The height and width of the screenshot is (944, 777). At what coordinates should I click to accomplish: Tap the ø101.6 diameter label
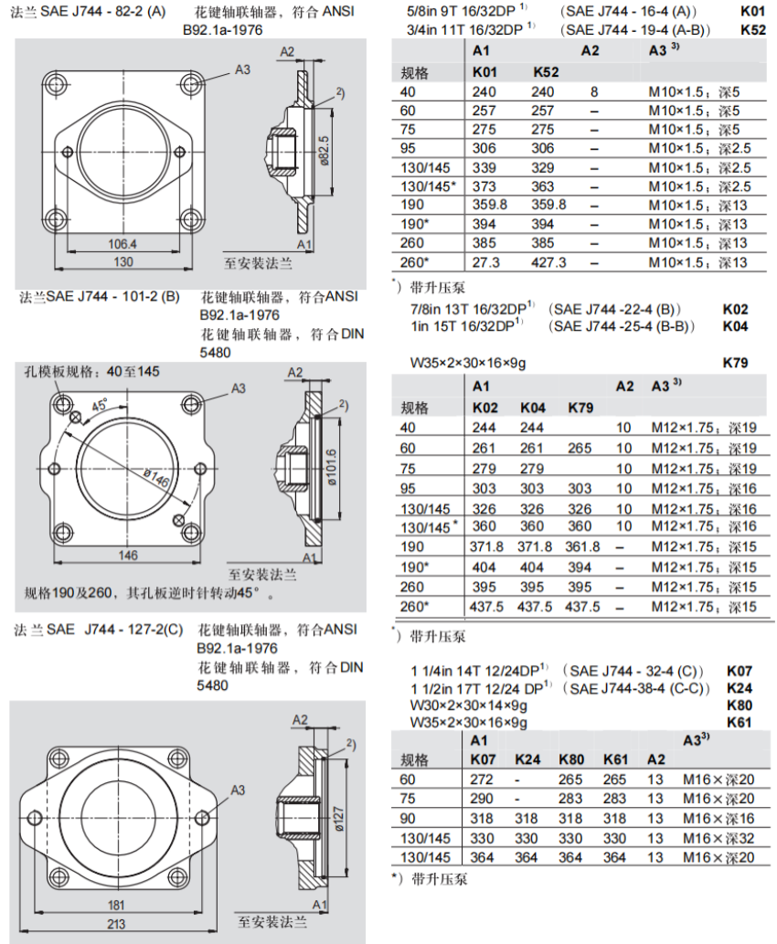332,470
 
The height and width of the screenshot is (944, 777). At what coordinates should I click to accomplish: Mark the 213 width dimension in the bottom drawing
116,924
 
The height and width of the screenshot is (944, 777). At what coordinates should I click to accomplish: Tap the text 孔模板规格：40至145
92,372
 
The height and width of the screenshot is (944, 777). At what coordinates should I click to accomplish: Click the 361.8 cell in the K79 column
582,546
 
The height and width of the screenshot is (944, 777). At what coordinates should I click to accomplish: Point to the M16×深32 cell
718,838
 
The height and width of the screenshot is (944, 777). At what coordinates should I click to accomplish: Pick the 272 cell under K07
482,780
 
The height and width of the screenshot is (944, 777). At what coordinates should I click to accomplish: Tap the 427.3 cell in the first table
548,262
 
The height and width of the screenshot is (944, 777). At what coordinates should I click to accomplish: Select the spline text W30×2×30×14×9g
469,705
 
